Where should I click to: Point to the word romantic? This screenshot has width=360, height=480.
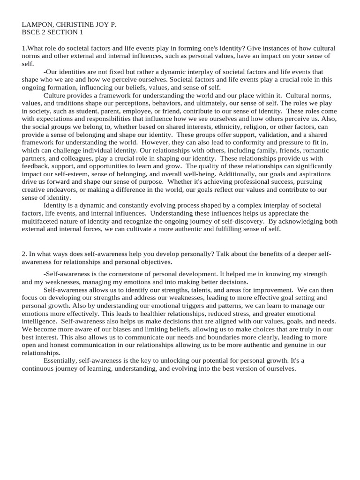315,150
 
